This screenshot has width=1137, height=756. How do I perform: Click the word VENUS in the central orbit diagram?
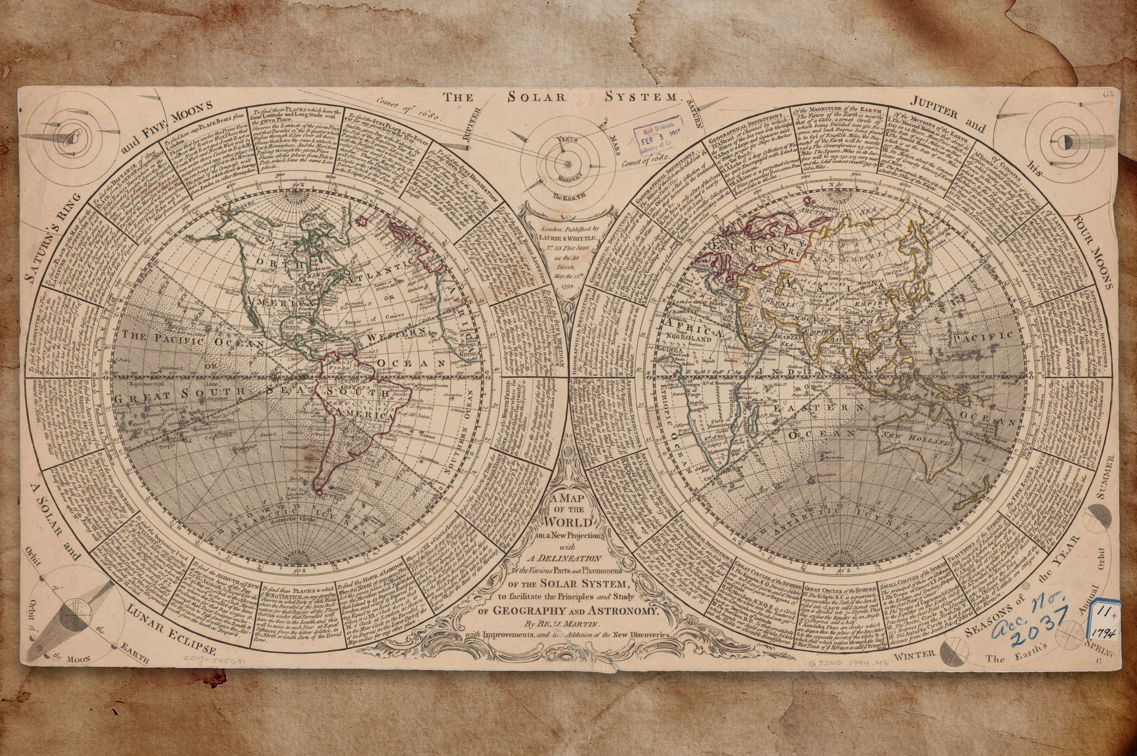(567, 140)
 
